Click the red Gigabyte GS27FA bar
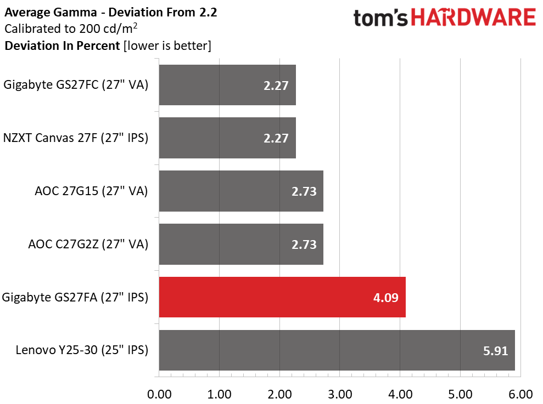tap(282, 297)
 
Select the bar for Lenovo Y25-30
tap(337, 350)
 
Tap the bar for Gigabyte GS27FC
tap(227, 85)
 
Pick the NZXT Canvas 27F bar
tap(227, 138)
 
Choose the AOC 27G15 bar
tap(241, 191)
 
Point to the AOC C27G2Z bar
tap(241, 244)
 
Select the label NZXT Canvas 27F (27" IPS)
tap(76, 138)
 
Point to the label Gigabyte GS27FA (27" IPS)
tap(75, 297)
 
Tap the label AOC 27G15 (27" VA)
tap(91, 191)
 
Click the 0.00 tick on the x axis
tap(159, 394)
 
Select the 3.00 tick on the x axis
tap(340, 394)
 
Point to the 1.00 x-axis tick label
tap(220, 394)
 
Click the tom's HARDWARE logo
tap(444, 18)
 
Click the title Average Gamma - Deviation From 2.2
tap(110, 12)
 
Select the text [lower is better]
tap(167, 45)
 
